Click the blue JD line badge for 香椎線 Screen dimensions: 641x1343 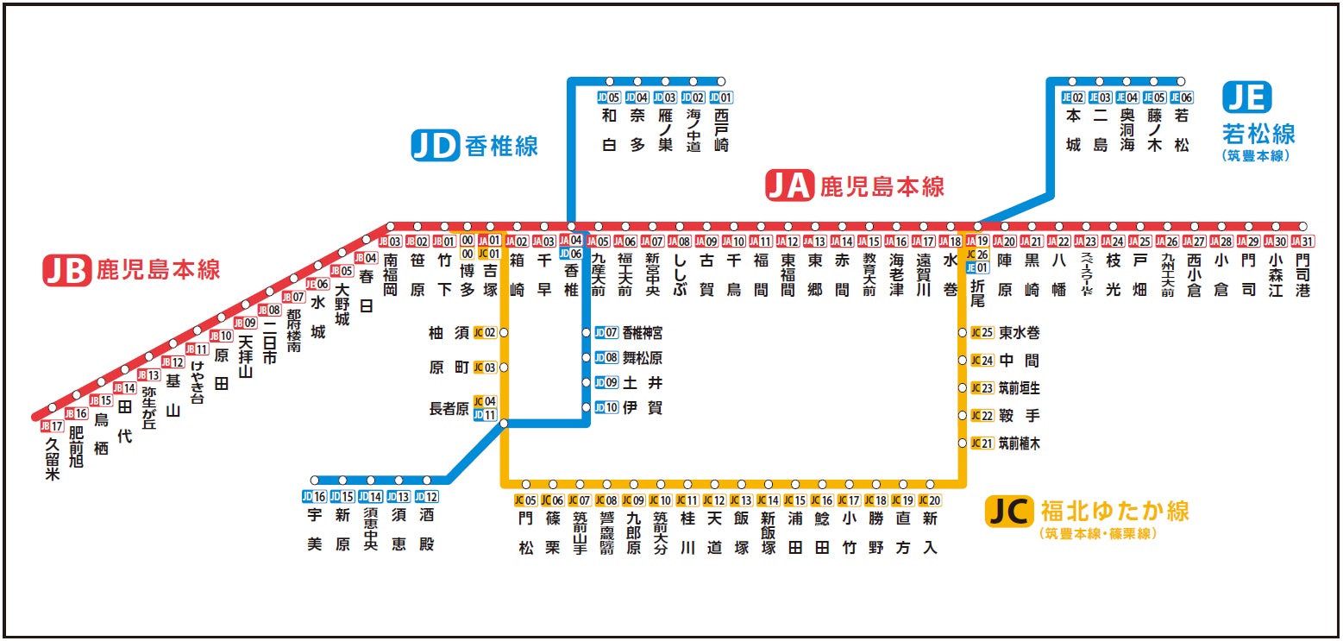tap(435, 146)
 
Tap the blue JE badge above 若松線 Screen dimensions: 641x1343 tap(1246, 97)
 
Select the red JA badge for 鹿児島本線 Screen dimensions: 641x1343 tap(790, 186)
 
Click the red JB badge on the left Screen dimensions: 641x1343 tap(66, 270)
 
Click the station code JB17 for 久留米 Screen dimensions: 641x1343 tap(52, 425)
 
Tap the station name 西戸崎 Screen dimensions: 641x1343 tap(721, 130)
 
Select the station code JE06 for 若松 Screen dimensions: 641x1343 tap(1181, 97)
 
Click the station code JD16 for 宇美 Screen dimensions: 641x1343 tap(314, 496)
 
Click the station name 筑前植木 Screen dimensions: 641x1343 tap(1019, 443)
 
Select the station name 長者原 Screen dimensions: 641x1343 tap(449, 408)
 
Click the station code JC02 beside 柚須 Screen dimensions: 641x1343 tap(485, 332)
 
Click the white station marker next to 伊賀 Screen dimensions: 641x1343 tap(587, 407)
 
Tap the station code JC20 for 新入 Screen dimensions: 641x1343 tap(929, 500)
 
